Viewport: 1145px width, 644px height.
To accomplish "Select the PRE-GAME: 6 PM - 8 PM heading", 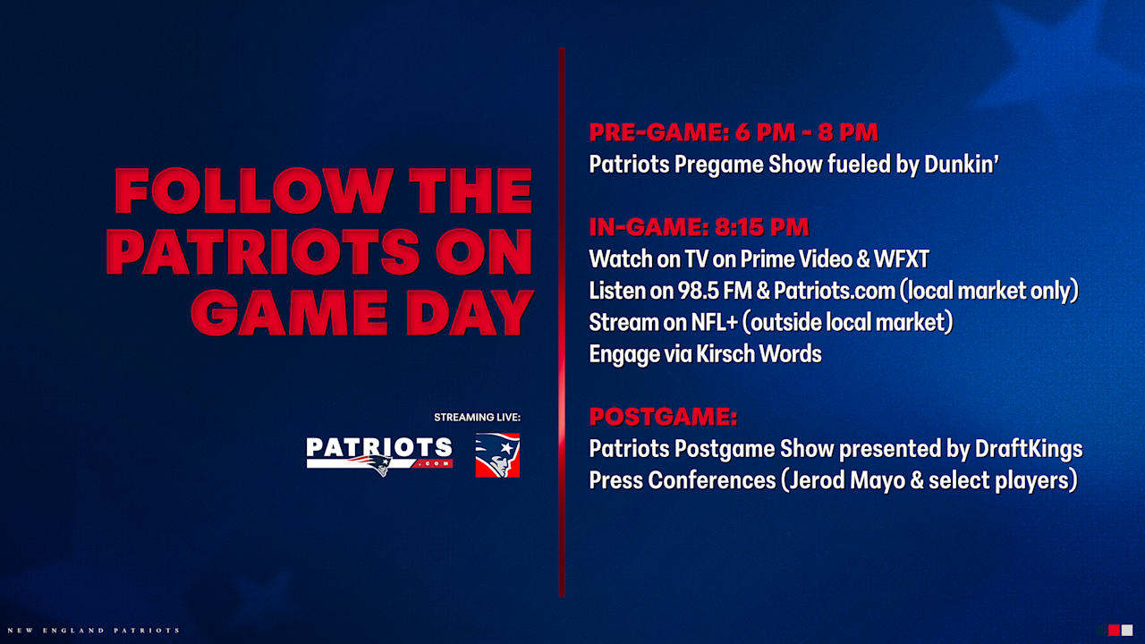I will (x=734, y=133).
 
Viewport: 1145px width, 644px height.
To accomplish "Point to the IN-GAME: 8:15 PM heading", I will (x=699, y=227).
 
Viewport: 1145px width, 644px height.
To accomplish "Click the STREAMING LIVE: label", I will (x=477, y=418).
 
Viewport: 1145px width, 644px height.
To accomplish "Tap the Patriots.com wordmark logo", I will (x=379, y=454).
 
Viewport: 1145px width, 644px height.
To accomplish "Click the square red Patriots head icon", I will (x=497, y=455).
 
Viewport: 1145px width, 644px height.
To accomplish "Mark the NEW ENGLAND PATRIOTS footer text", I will (x=89, y=631).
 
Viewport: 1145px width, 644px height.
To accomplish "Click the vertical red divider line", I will (x=562, y=322).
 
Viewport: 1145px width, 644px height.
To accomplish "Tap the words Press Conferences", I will (x=682, y=480).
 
